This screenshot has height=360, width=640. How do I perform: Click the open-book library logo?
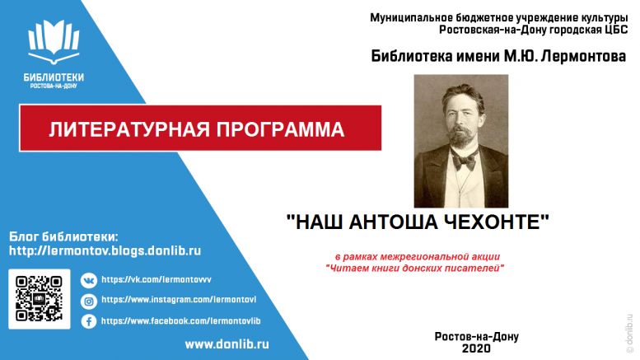tap(54, 42)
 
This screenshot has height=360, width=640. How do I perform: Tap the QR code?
tap(40, 299)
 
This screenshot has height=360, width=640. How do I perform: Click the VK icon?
tap(89, 280)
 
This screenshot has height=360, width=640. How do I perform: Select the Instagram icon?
tap(89, 302)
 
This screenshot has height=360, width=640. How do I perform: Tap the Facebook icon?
tap(89, 321)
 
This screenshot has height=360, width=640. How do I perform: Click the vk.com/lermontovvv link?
tap(156, 279)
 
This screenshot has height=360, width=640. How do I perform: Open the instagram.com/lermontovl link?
tap(179, 300)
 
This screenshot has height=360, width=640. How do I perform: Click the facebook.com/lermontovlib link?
tap(181, 320)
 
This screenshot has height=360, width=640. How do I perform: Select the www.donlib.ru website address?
tap(227, 344)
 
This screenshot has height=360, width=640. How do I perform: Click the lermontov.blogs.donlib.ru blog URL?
tap(105, 250)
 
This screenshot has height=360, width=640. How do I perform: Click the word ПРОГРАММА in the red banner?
tap(280, 129)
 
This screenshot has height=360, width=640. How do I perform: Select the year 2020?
tap(476, 348)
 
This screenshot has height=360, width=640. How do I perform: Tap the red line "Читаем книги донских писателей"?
tap(414, 269)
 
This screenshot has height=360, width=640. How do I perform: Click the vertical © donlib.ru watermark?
tap(629, 334)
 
